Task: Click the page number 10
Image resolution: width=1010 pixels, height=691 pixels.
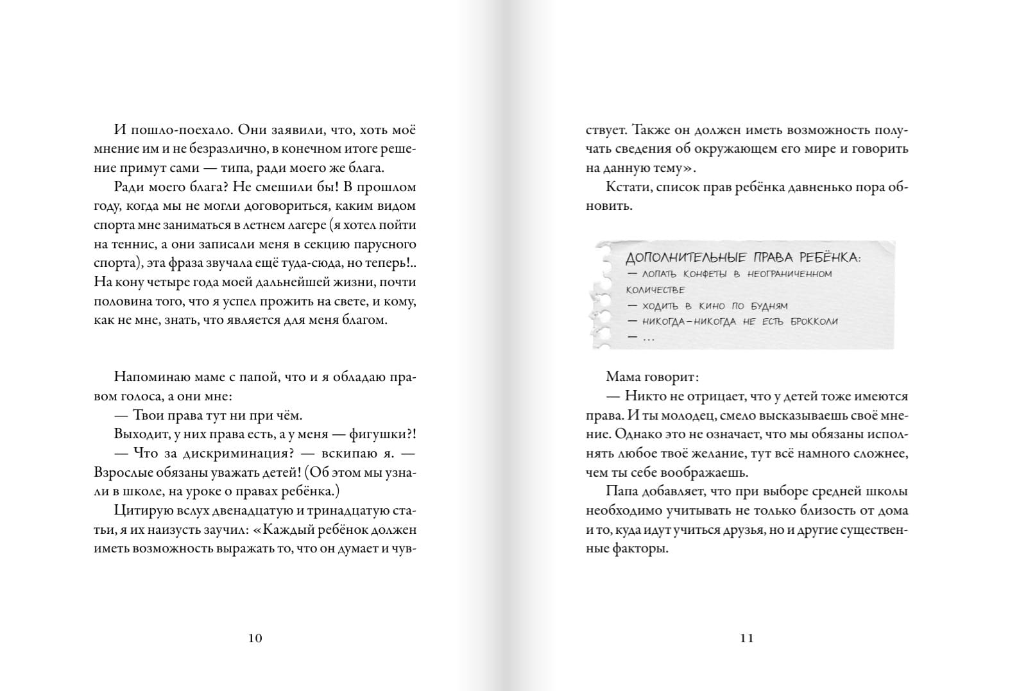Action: coord(255,638)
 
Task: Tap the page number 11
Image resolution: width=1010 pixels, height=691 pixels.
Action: coord(747,638)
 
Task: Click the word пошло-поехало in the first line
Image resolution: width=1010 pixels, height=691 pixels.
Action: coord(177,130)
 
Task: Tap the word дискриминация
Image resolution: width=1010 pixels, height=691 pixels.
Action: coord(224,453)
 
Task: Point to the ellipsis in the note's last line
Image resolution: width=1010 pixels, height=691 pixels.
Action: coord(648,337)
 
